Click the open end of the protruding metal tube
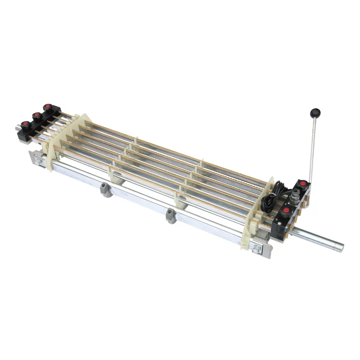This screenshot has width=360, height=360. tap(341, 247)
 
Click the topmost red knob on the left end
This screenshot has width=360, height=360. tap(47, 107)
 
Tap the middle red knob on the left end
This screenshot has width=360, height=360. tap(35, 115)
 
